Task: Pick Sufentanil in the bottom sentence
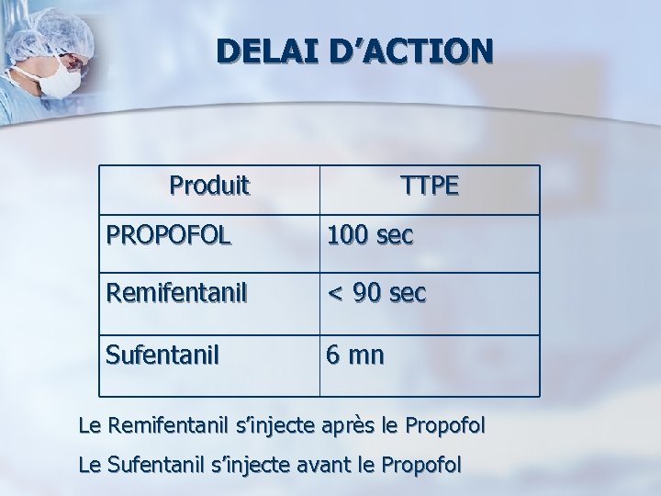point(157,465)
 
